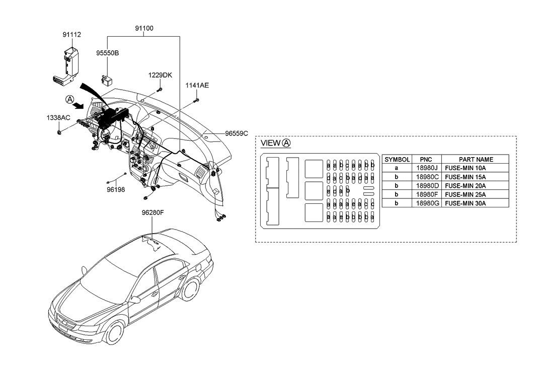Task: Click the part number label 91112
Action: point(72,35)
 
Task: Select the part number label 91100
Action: point(144,29)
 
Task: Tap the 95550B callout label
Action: point(108,52)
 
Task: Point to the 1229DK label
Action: point(160,75)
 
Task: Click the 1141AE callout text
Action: point(197,85)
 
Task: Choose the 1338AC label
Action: point(58,118)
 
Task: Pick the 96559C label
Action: point(237,133)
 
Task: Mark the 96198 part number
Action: point(116,190)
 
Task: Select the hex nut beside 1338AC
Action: point(59,132)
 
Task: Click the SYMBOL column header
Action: point(398,159)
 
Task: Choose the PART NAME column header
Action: point(476,159)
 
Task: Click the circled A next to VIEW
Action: point(286,143)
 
